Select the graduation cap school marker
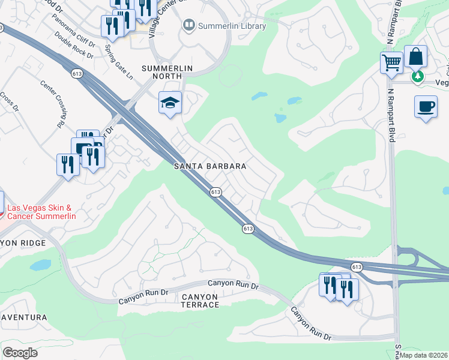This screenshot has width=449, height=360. tap(170, 103)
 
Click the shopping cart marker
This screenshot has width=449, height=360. tap(391, 62)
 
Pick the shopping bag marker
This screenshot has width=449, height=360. tap(415, 56)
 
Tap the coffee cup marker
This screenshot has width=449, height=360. tap(426, 107)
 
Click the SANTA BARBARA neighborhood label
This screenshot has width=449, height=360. tap(209, 166)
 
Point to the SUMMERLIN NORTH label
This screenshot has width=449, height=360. tap(167, 68)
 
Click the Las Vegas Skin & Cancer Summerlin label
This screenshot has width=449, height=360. tap(41, 211)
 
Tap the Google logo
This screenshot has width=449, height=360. tap(20, 353)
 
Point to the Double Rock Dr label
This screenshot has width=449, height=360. tap(74, 45)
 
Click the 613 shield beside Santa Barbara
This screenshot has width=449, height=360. tap(216, 191)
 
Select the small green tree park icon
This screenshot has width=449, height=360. tap(417, 77)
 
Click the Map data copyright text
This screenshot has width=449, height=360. tap(424, 355)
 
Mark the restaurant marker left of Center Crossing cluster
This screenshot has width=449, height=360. tap(68, 164)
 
